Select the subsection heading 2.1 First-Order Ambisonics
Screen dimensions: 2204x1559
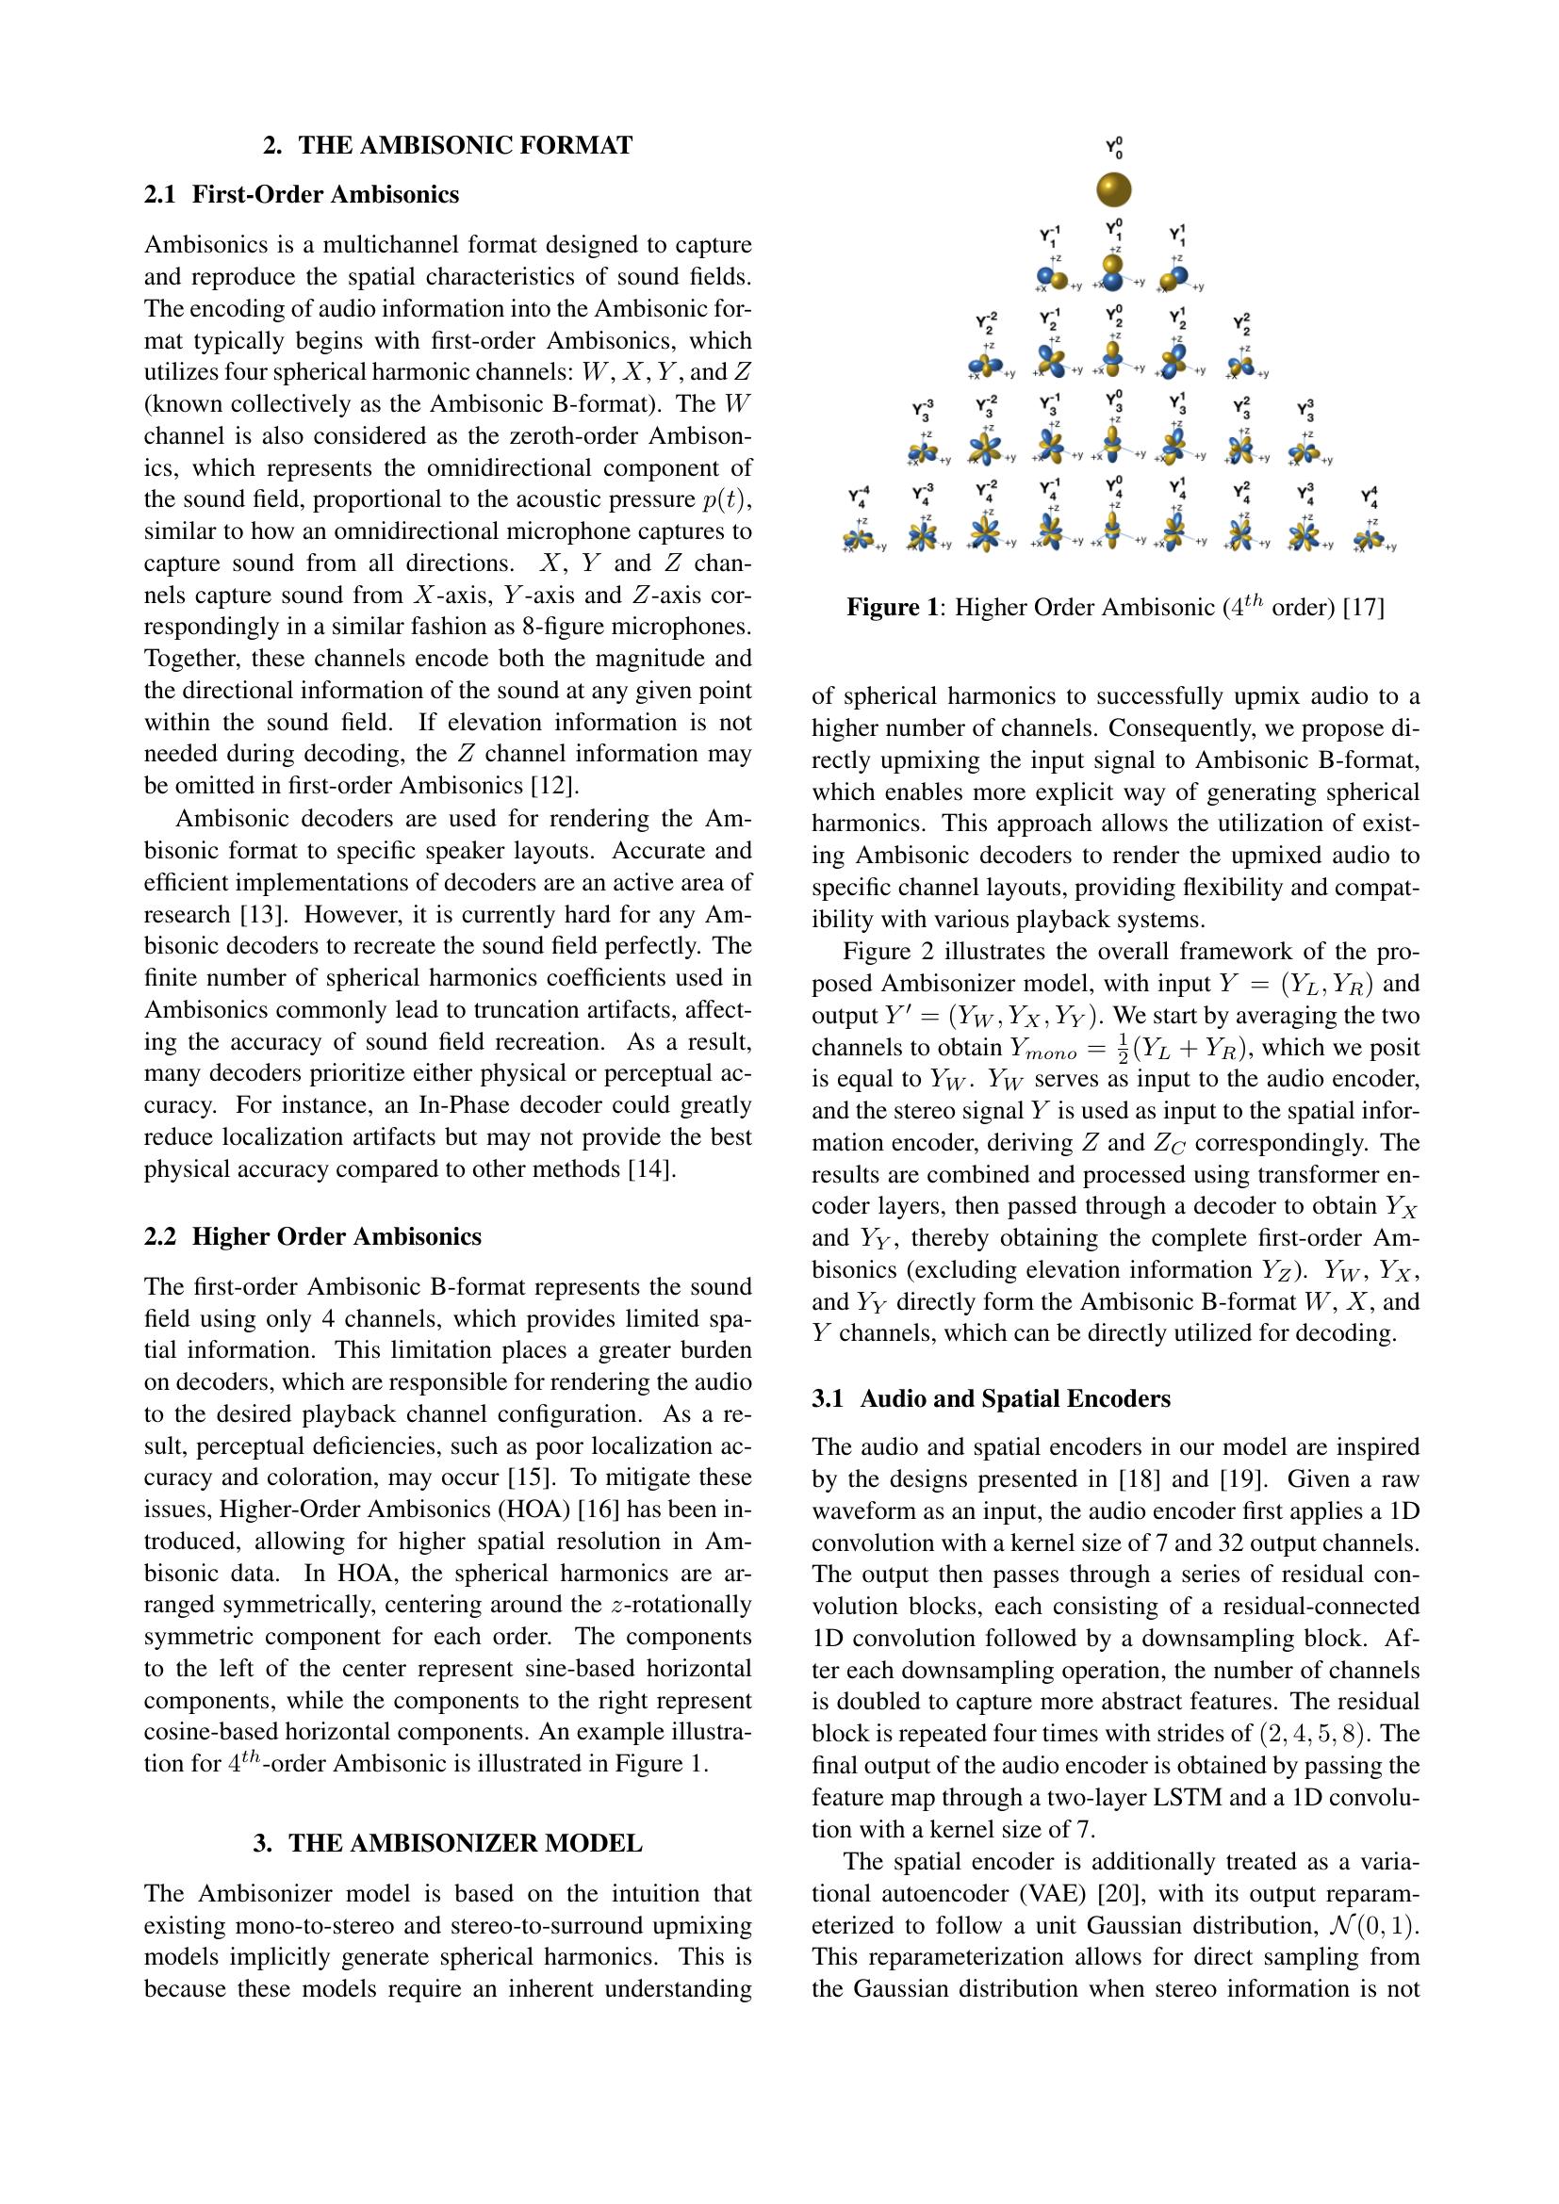click(302, 195)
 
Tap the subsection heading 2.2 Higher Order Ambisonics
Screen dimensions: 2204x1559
click(312, 1236)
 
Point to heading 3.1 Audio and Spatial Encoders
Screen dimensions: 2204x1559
click(991, 1398)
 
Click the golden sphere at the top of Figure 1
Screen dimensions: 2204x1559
click(1113, 190)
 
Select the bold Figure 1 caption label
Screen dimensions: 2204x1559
click(893, 608)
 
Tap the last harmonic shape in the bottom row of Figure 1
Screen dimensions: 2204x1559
click(1370, 541)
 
